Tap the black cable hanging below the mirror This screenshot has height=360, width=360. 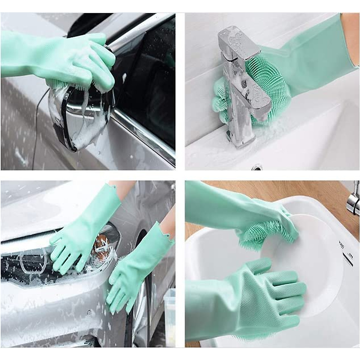tap(37, 120)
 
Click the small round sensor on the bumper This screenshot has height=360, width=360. tap(89, 313)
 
